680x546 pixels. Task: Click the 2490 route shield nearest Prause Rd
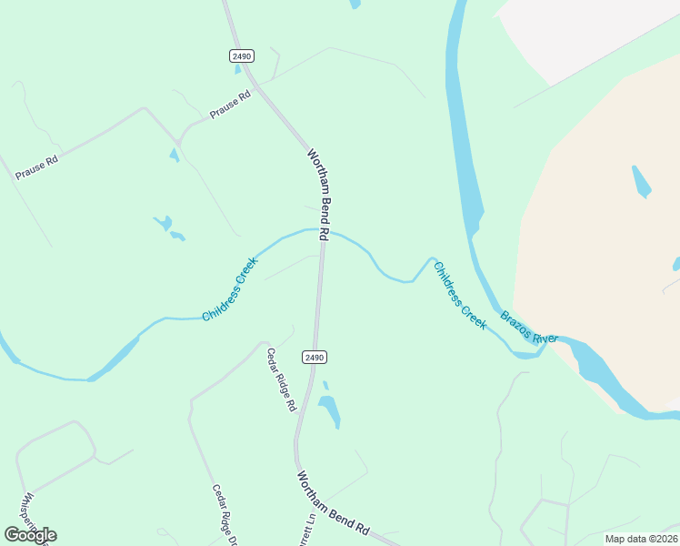(x=241, y=56)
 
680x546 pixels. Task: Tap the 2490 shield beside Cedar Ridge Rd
(x=314, y=358)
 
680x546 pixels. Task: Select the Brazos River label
(x=528, y=328)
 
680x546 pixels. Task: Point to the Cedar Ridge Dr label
(x=225, y=513)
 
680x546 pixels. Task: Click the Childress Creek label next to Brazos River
(x=460, y=296)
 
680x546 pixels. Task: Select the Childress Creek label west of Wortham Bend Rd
(x=230, y=289)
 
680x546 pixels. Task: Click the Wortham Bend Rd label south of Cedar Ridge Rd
(x=334, y=502)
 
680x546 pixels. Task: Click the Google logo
(x=30, y=535)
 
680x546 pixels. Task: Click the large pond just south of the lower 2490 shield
(x=329, y=409)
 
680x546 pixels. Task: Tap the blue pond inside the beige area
(x=641, y=181)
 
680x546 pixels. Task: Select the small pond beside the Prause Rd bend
(x=174, y=156)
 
